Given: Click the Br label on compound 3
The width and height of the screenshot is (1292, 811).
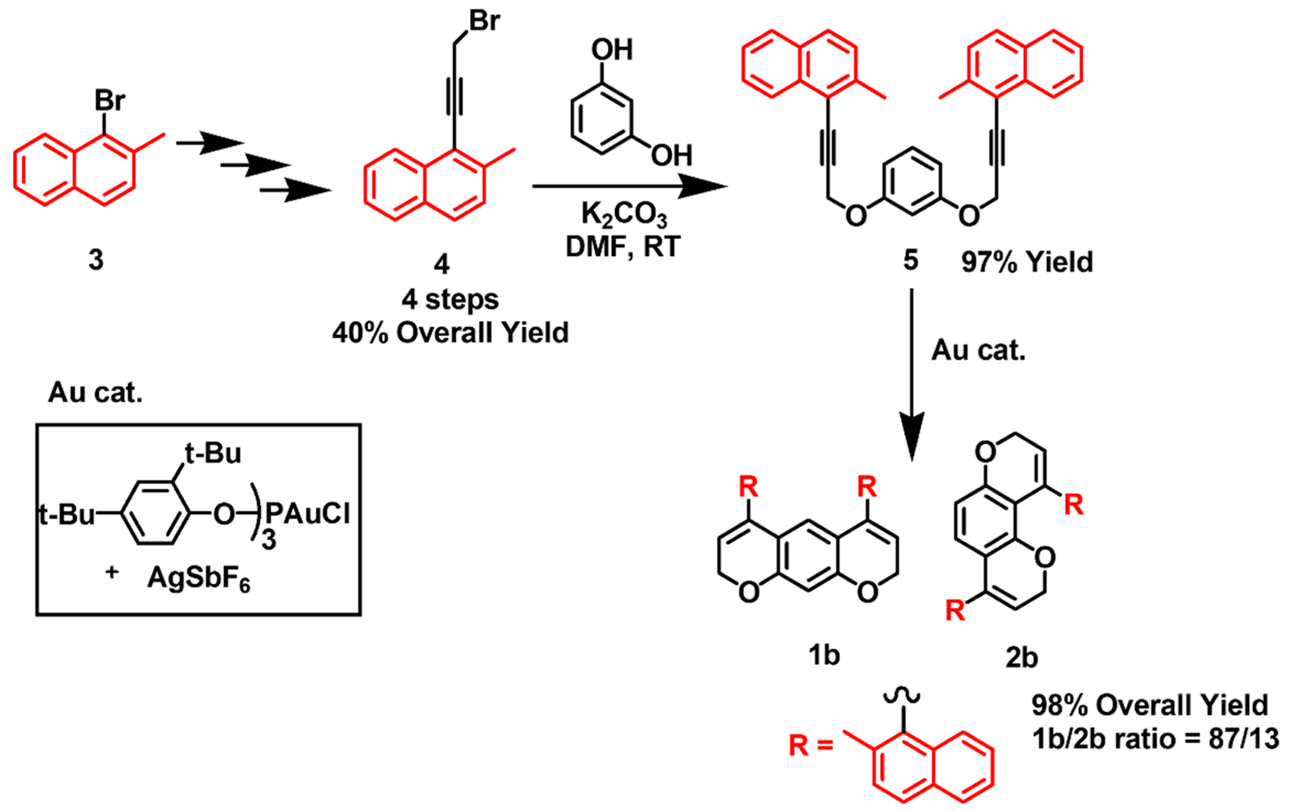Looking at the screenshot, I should pyautogui.click(x=110, y=100).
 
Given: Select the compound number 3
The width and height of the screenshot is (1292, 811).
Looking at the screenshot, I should pyautogui.click(x=96, y=260).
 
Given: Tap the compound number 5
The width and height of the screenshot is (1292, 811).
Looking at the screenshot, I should pyautogui.click(x=911, y=261).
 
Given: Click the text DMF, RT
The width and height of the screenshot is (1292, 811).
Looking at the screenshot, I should pyautogui.click(x=624, y=247).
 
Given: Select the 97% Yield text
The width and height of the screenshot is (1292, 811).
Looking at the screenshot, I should pyautogui.click(x=1026, y=262).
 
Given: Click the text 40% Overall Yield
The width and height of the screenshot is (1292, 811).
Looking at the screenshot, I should pyautogui.click(x=450, y=333).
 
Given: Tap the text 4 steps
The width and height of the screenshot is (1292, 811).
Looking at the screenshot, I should pyautogui.click(x=450, y=299).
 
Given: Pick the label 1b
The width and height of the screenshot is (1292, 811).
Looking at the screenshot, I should pyautogui.click(x=824, y=655).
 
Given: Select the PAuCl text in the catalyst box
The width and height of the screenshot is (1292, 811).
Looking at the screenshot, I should pyautogui.click(x=308, y=514).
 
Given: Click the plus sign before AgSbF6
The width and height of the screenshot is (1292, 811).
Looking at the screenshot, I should pyautogui.click(x=112, y=572).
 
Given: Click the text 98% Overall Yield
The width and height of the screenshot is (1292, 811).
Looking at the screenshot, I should pyautogui.click(x=1150, y=705).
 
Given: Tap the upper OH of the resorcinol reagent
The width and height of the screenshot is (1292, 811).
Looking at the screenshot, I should pyautogui.click(x=612, y=50).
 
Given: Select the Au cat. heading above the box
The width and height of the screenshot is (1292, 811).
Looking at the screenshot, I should pyautogui.click(x=95, y=392).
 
